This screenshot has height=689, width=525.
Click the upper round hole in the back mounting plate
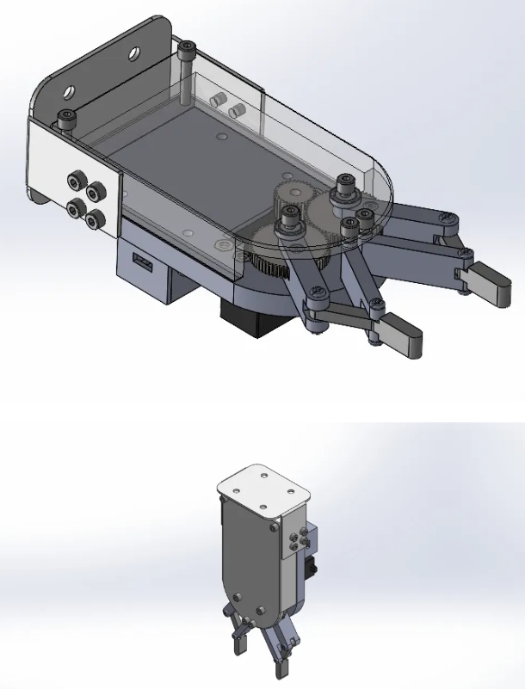pos(136,53)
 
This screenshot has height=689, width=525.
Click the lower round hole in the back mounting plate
pos(66,89)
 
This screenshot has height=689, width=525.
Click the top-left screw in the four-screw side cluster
pos(77,180)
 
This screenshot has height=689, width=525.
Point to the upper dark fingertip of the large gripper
pos(488,283)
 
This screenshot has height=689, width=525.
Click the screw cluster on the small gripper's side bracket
pos(297,541)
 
